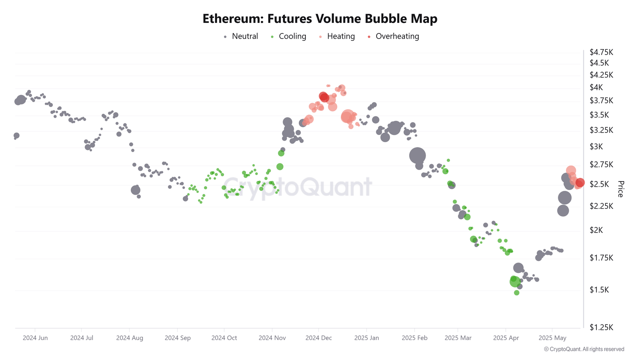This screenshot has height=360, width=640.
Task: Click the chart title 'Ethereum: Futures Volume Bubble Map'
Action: coord(320,19)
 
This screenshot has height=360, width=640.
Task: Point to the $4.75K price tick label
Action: coord(601,52)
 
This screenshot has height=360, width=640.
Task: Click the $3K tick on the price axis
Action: coord(596,147)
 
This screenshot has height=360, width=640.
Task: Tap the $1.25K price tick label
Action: coord(601,327)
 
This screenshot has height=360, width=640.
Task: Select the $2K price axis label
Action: coord(596,230)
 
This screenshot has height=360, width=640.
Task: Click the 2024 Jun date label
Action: coord(35,338)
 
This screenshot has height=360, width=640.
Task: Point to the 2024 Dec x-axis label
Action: coord(319,338)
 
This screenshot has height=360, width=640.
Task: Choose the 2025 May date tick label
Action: coord(552,338)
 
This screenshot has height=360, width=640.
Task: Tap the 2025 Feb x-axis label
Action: coord(415,338)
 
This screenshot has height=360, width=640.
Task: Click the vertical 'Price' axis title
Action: coord(620,189)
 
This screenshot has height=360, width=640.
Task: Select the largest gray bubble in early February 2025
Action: coord(417,156)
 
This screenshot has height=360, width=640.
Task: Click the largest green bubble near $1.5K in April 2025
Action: coord(515,282)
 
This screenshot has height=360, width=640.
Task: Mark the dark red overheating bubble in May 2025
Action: coord(580,182)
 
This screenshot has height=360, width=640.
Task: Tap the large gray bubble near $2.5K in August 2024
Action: coord(135,190)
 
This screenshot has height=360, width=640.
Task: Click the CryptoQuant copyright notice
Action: coord(584,349)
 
